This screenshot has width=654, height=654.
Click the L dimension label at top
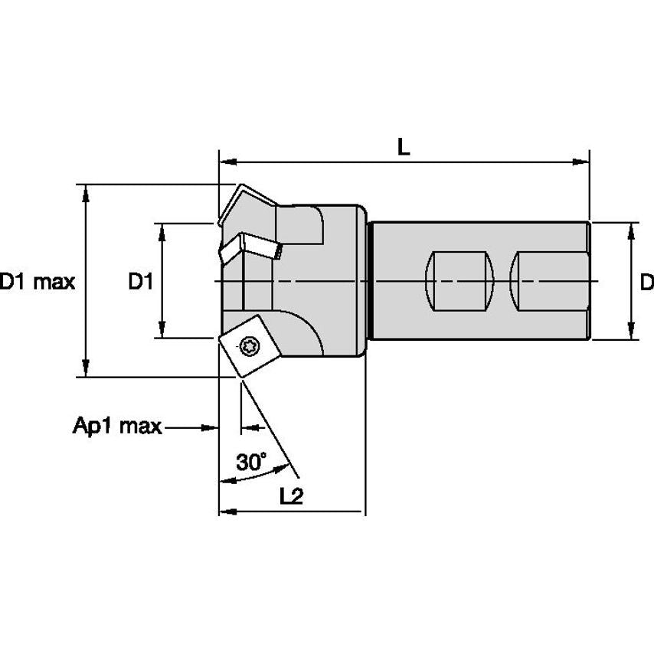click(404, 148)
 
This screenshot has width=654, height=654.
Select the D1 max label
click(37, 283)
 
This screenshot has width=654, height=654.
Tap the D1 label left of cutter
click(141, 283)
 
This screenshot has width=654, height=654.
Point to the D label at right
click(646, 283)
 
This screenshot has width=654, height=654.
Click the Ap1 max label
click(117, 427)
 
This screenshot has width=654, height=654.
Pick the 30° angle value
click(251, 463)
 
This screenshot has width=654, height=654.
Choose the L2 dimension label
click(291, 496)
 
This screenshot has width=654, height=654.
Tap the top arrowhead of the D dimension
click(631, 231)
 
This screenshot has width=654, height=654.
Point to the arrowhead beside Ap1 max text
click(211, 427)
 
